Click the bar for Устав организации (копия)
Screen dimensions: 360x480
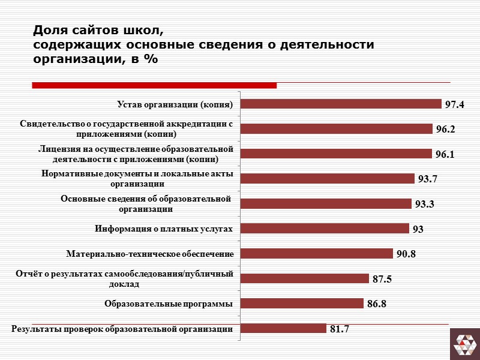click(x=340, y=104)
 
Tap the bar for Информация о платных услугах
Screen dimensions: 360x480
click(x=324, y=229)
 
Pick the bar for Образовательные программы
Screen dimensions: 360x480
click(x=302, y=304)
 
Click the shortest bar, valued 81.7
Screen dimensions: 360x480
click(x=283, y=328)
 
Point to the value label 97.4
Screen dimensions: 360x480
click(x=455, y=104)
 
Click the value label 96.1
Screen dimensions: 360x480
click(x=445, y=154)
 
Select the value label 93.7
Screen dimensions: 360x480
click(x=427, y=179)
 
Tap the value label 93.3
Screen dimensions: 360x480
click(x=424, y=204)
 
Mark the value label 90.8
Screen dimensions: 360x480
click(x=406, y=254)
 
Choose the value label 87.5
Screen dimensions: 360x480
click(x=382, y=279)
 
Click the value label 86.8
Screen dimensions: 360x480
click(x=377, y=304)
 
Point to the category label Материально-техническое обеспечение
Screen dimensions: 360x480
click(x=150, y=254)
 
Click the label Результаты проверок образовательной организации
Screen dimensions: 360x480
click(x=122, y=328)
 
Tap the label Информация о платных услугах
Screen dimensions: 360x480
click(x=164, y=229)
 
